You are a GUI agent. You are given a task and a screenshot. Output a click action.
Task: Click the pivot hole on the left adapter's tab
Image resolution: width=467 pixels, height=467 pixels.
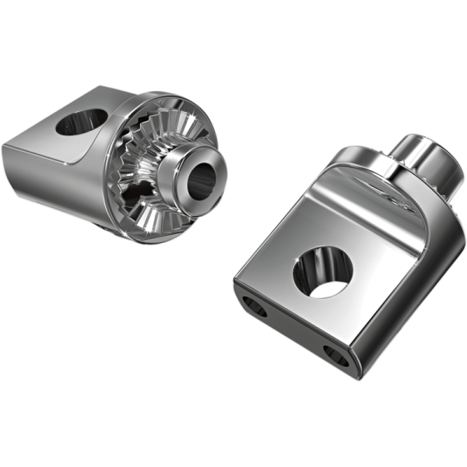82,121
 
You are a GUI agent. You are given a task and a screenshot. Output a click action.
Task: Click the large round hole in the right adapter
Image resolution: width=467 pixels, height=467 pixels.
322,272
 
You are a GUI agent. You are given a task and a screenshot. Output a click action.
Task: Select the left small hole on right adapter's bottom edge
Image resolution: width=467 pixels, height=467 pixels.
255,307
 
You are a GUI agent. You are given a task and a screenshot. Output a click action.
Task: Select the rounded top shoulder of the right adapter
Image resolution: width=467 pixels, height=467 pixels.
366,167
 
